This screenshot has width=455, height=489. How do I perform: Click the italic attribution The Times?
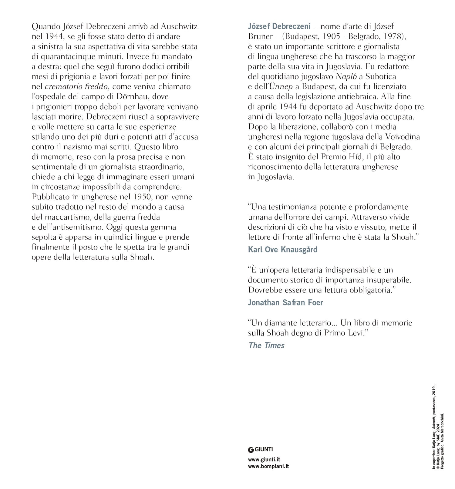(x=266, y=345)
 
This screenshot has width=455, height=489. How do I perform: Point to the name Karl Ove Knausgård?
(x=283, y=249)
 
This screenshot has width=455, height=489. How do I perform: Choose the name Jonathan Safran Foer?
(x=285, y=302)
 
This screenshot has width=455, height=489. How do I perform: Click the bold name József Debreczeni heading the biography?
(x=279, y=26)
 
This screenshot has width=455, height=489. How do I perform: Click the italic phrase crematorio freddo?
(x=76, y=86)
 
